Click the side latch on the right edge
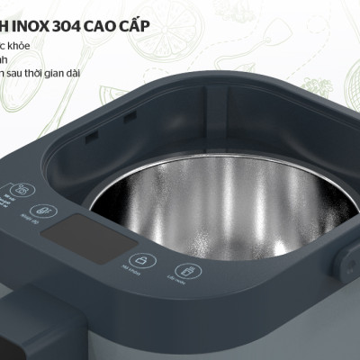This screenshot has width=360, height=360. point(345,263)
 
